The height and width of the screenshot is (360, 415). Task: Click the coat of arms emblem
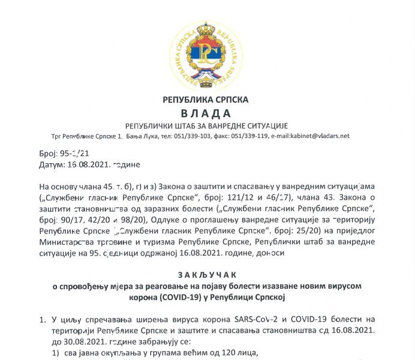206,50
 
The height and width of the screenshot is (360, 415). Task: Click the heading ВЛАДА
206,113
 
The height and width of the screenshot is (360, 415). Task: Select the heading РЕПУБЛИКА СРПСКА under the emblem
206,100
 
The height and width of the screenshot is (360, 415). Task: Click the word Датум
53,164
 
